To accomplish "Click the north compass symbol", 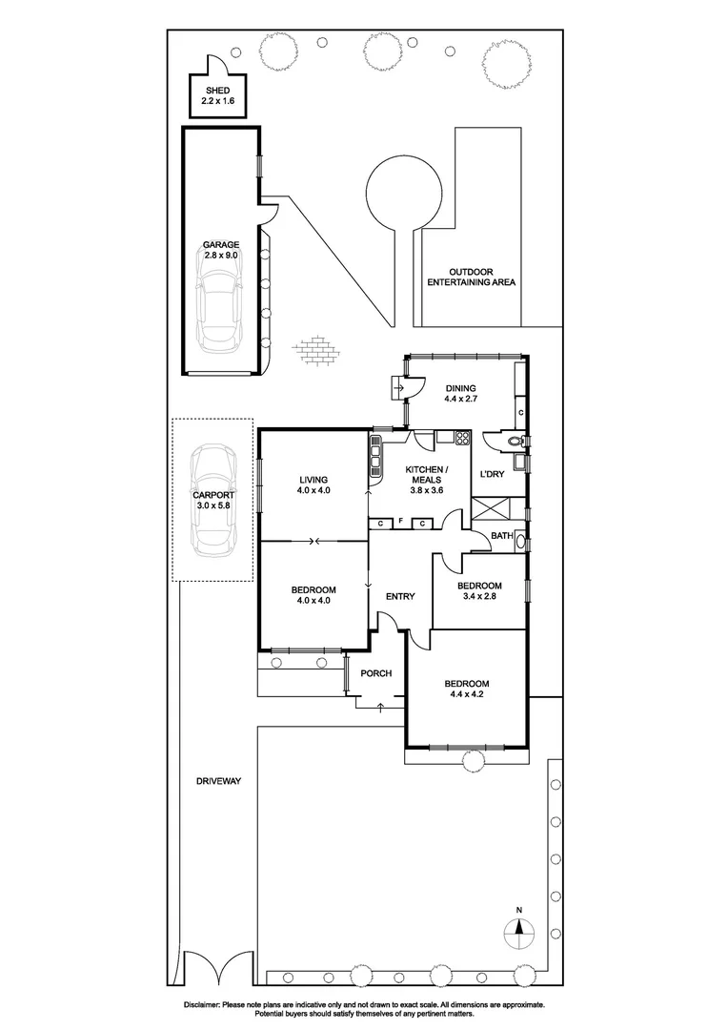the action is (519, 930).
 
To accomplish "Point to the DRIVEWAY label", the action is (219, 781).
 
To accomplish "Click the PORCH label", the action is (376, 673).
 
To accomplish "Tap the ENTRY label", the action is (400, 597).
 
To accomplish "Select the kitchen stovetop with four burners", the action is (462, 439).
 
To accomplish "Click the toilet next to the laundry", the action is (515, 442).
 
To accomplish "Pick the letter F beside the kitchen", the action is (401, 523).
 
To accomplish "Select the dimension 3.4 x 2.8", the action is (479, 597).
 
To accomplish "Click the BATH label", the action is (502, 537).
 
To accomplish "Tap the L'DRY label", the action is (492, 474).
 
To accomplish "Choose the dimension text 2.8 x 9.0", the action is (221, 256).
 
